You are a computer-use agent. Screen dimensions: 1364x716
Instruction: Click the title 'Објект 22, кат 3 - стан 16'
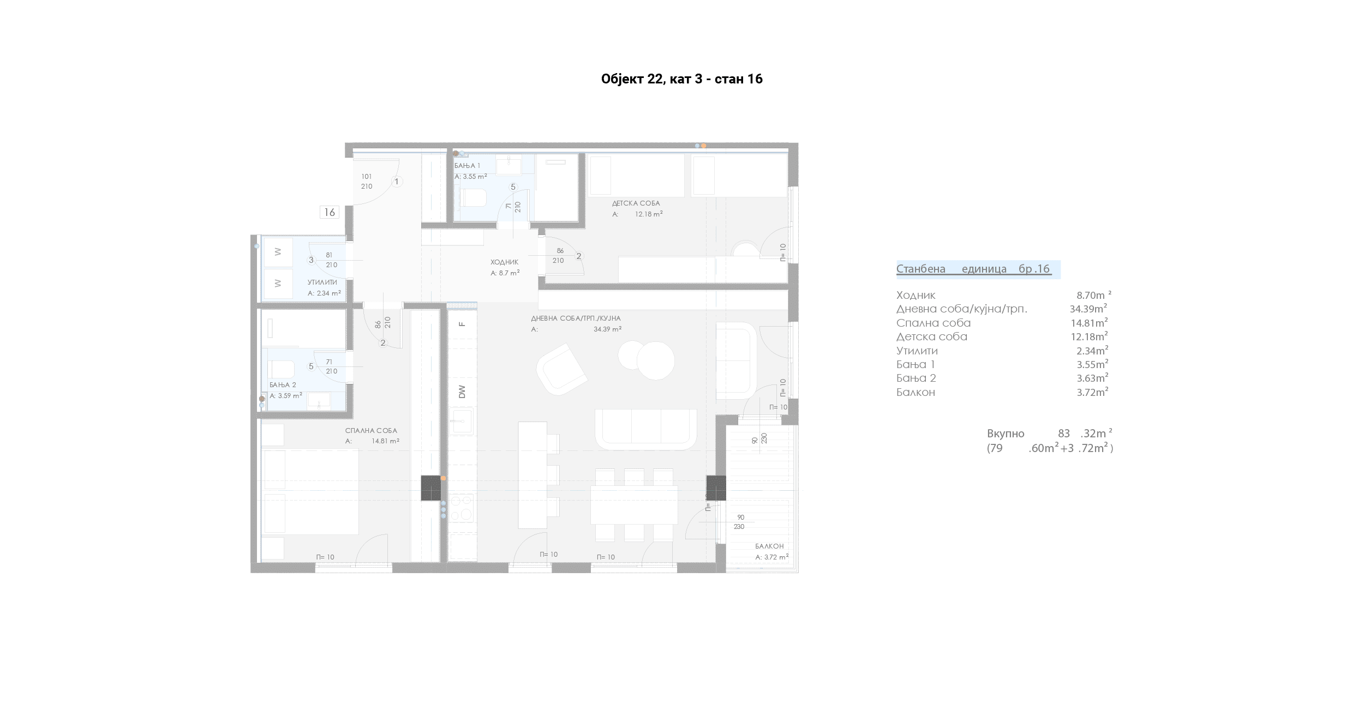pyautogui.click(x=681, y=79)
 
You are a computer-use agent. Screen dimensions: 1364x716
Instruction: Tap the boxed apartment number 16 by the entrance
pyautogui.click(x=330, y=212)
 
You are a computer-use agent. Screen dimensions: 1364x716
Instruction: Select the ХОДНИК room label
pyautogui.click(x=504, y=262)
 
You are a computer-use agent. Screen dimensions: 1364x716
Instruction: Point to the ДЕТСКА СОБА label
pyautogui.click(x=636, y=203)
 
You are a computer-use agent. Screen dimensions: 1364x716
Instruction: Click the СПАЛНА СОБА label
pyautogui.click(x=371, y=431)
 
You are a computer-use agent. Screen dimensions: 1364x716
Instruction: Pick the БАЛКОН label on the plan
pyautogui.click(x=769, y=546)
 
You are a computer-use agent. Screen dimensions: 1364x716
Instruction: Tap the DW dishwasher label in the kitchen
pyautogui.click(x=462, y=392)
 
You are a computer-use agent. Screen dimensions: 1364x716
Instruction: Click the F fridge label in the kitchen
pyautogui.click(x=462, y=324)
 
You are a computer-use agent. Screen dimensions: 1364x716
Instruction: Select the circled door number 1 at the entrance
pyautogui.click(x=397, y=182)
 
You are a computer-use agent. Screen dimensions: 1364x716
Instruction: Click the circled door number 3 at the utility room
pyautogui.click(x=311, y=260)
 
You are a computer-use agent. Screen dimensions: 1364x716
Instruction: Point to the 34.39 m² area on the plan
pyautogui.click(x=608, y=329)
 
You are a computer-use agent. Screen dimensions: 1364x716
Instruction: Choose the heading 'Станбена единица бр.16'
pyautogui.click(x=974, y=269)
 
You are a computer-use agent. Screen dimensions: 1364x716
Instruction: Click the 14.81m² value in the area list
pyautogui.click(x=1089, y=322)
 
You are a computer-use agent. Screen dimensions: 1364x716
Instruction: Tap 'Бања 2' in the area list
pyautogui.click(x=916, y=378)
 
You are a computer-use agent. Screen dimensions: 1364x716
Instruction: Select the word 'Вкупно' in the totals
pyautogui.click(x=1006, y=434)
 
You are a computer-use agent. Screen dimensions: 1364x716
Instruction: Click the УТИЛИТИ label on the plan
pyautogui.click(x=322, y=282)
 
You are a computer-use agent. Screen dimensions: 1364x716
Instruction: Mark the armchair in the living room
pyautogui.click(x=561, y=370)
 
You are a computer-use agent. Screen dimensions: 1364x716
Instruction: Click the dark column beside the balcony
pyautogui.click(x=716, y=488)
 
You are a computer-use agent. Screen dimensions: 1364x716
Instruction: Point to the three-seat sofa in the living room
pyautogui.click(x=646, y=429)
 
